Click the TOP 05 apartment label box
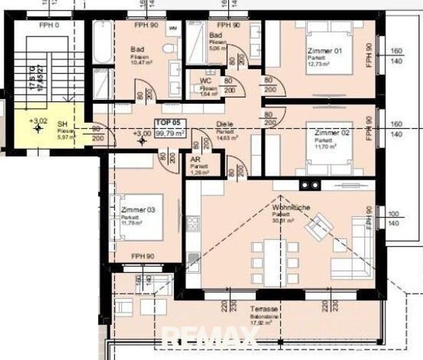click(x=170, y=128)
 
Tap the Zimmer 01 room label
click(x=324, y=51)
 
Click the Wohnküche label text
click(x=291, y=207)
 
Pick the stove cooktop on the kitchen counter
click(x=193, y=223)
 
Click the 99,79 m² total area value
click(x=170, y=133)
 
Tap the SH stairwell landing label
click(x=62, y=125)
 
